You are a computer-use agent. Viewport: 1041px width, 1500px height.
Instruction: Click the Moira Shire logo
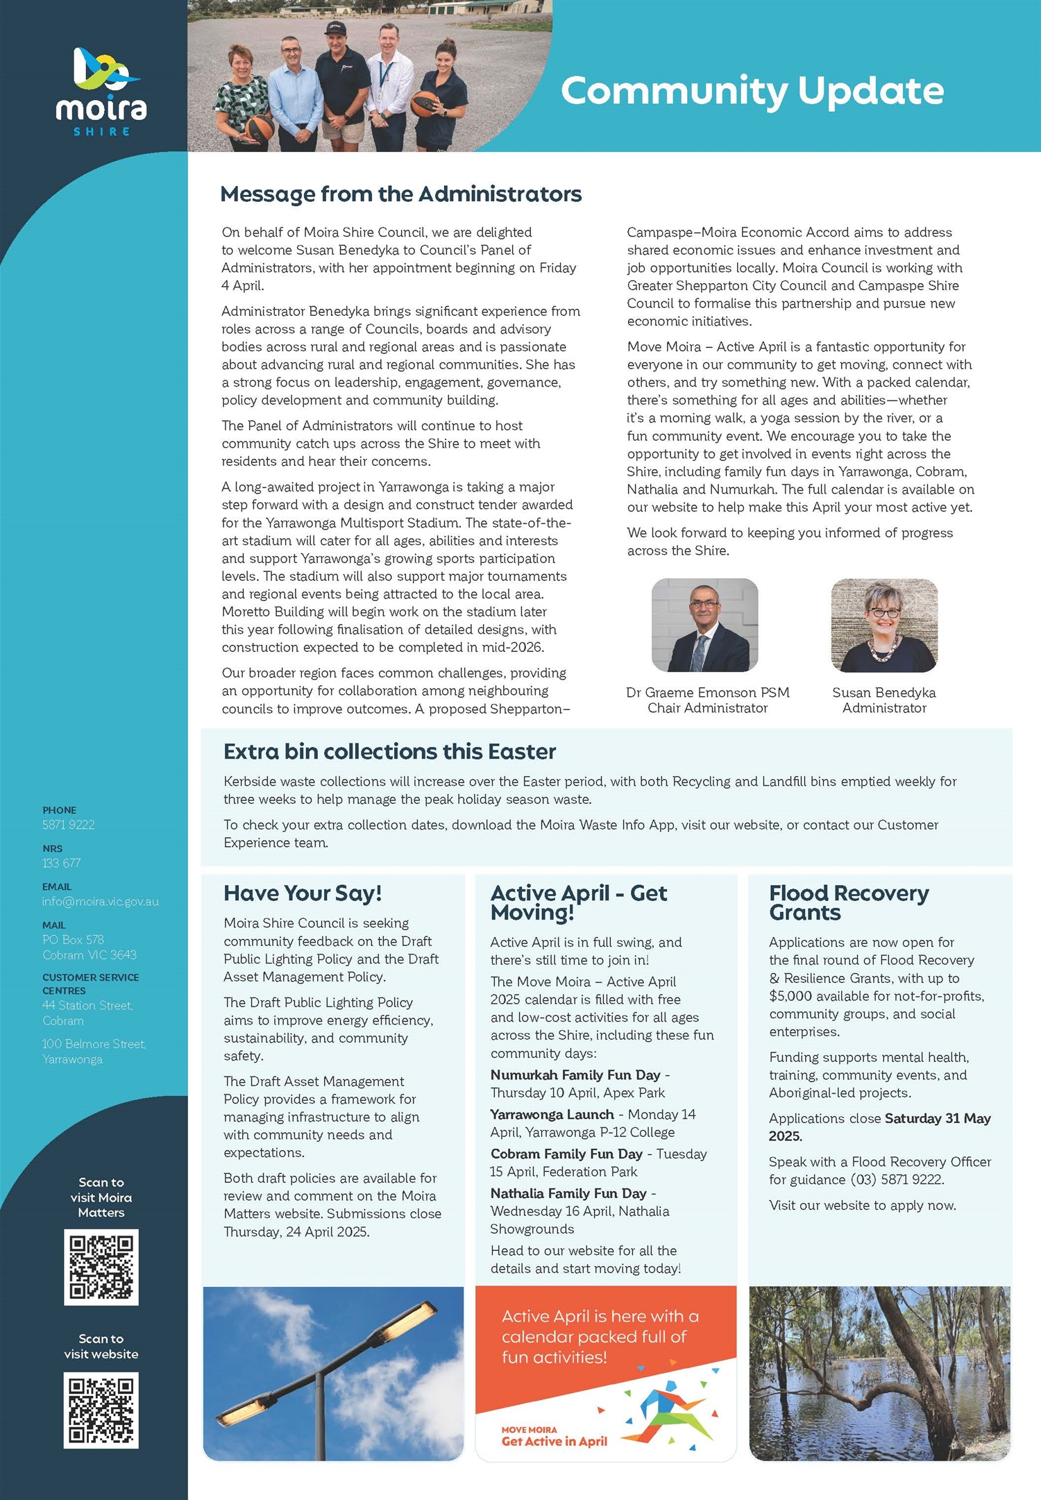pos(101,91)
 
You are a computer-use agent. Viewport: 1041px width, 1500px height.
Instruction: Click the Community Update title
pos(752,91)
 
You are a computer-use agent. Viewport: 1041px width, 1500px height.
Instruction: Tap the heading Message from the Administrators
pos(400,194)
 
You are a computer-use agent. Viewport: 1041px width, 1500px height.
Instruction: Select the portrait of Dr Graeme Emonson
pos(704,625)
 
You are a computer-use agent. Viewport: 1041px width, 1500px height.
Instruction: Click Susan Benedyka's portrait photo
pos(884,625)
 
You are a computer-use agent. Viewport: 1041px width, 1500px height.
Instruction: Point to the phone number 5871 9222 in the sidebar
pos(68,825)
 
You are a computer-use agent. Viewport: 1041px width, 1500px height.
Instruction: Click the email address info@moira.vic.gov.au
pos(101,902)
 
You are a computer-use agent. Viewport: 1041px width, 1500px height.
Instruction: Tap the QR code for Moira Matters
pos(101,1267)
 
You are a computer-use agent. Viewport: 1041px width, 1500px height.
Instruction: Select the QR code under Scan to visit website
pos(101,1410)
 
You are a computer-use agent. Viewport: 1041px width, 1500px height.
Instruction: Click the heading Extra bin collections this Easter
pos(389,752)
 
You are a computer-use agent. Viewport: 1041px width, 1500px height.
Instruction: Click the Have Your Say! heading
pos(303,893)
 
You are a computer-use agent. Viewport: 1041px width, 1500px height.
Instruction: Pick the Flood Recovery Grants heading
pos(848,902)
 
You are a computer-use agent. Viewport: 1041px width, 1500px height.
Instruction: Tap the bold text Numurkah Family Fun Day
pos(575,1075)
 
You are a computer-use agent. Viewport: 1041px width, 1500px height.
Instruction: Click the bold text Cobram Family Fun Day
pos(566,1154)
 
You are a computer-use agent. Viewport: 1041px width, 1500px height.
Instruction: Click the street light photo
pos(333,1373)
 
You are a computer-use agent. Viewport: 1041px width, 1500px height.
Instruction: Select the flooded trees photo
pos(879,1373)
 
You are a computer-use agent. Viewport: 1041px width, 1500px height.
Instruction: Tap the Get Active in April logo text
pos(554,1441)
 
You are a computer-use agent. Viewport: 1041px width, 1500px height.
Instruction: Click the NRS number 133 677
pos(61,863)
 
